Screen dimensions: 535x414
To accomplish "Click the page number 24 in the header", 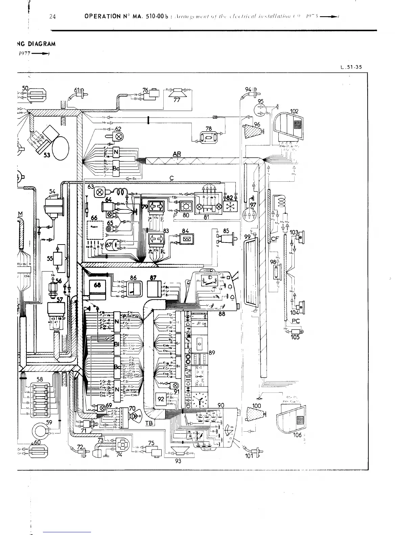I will (x=52, y=16).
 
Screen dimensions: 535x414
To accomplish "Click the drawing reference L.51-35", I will (x=351, y=67).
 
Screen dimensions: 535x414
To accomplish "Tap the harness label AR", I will (x=177, y=154).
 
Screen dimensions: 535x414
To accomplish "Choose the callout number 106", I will (x=297, y=435).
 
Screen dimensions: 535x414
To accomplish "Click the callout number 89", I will (x=212, y=353).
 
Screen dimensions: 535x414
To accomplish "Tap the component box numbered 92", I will (x=161, y=399).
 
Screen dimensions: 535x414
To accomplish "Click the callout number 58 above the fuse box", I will (x=40, y=379).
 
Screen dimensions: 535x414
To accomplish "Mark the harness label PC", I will (x=295, y=321).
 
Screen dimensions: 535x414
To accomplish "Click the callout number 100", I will (x=257, y=406).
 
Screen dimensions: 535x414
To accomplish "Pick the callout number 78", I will (x=209, y=129).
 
